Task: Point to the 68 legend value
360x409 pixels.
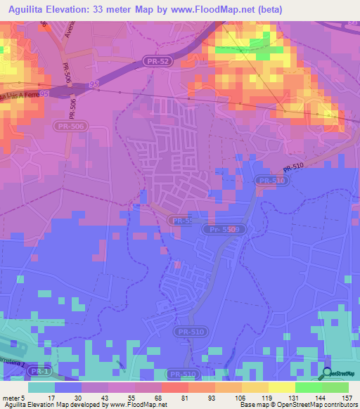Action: point(157,397)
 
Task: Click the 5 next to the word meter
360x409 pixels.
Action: point(24,397)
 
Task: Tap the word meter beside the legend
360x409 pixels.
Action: point(11,397)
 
